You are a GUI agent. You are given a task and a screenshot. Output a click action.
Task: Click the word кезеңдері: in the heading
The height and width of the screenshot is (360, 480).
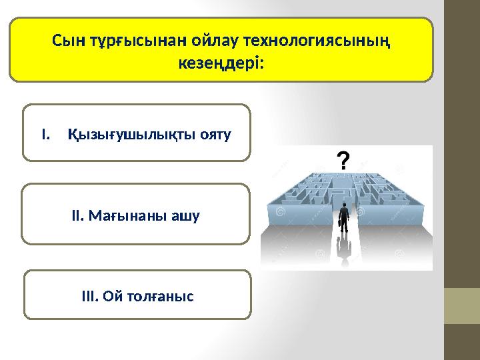(x=221, y=64)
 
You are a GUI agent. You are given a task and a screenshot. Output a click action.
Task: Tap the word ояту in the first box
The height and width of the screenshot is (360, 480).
(x=217, y=135)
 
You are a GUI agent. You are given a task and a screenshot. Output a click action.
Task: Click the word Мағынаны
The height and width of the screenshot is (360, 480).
(x=131, y=216)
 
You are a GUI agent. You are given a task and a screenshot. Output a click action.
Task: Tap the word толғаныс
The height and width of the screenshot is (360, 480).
(x=161, y=295)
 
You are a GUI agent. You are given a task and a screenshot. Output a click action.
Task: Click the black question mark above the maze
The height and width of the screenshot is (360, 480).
(x=342, y=161)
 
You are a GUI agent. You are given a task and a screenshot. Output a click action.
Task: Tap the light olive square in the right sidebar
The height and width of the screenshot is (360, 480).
(x=462, y=305)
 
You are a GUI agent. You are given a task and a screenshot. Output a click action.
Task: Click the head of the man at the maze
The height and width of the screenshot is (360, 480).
(x=344, y=205)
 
